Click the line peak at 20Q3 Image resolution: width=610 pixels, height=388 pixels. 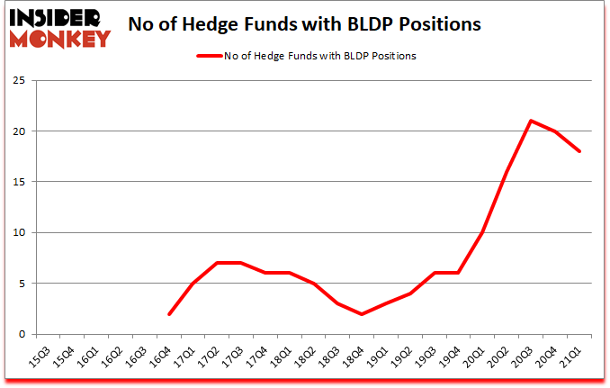(532, 121)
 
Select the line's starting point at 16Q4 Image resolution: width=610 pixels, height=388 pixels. (169, 313)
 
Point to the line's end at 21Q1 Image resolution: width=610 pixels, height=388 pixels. (580, 151)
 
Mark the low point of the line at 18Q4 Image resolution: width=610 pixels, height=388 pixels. (363, 313)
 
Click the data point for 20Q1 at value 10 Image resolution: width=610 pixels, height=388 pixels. (483, 232)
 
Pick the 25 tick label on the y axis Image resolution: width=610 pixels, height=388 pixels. (17, 80)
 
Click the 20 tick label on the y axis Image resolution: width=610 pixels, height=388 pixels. (17, 131)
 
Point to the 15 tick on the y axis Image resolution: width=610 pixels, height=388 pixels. (17, 182)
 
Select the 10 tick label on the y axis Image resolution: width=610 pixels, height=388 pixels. (17, 232)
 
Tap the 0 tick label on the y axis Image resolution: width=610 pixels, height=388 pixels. (20, 334)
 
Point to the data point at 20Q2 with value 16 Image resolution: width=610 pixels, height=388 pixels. (507, 171)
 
